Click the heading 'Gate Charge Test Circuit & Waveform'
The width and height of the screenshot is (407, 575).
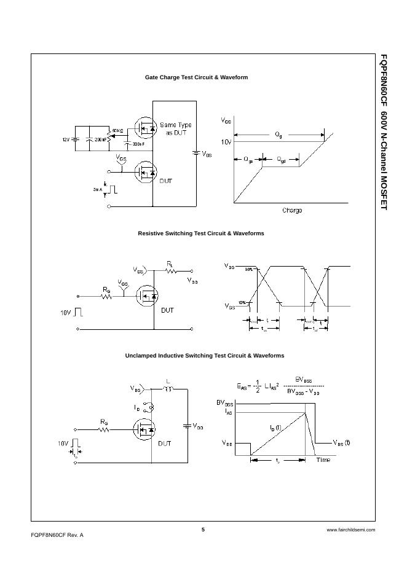pos(196,77)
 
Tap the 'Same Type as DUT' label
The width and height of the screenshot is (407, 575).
pos(175,129)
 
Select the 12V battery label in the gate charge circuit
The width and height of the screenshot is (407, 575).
pos(66,139)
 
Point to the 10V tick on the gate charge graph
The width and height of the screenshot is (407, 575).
pos(226,142)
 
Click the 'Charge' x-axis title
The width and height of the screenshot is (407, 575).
pos(291,211)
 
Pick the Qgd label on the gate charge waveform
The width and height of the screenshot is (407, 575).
pos(281,159)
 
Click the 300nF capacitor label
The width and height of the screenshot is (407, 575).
pos(139,144)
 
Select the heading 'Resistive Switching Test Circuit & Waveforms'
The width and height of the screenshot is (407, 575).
pos(200,233)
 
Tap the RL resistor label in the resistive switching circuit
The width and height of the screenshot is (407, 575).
pos(170,264)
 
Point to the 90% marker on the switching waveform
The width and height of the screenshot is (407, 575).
pos(249,269)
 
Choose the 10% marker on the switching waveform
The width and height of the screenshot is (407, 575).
pos(242,302)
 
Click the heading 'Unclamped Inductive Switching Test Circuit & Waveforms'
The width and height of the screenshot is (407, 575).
pos(205,356)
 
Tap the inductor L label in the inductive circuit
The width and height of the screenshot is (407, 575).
pos(167,381)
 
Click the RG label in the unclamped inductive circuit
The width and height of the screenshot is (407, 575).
pos(104,422)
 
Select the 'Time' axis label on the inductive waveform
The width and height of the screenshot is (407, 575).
pos(323,460)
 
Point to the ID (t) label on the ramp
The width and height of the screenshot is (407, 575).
pos(275,428)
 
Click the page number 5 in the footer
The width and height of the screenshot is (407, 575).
pos(203,530)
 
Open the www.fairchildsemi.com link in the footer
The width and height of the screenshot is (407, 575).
pos(350,530)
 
